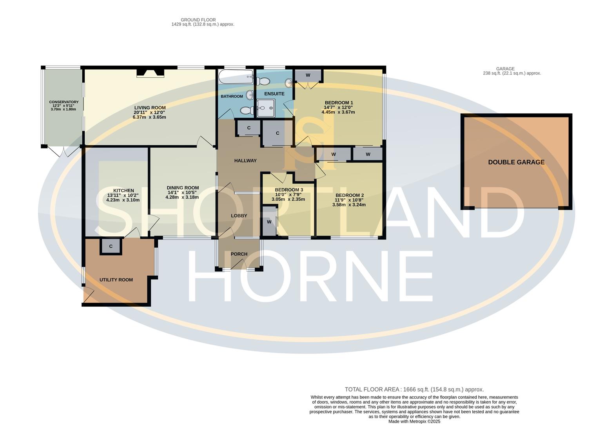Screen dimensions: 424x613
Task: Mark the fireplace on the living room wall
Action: click(x=150, y=73)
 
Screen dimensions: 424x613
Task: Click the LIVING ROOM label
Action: click(x=150, y=108)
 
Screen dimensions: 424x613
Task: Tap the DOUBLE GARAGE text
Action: click(x=516, y=162)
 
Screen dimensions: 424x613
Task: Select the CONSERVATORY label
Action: click(x=64, y=102)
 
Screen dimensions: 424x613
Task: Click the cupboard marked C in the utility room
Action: click(x=111, y=247)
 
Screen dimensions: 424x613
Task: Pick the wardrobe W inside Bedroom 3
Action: click(x=269, y=222)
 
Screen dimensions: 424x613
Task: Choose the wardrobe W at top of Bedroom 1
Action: click(x=308, y=75)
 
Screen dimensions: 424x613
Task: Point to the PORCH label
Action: click(x=239, y=254)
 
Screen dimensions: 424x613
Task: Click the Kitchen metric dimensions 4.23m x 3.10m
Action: click(x=123, y=200)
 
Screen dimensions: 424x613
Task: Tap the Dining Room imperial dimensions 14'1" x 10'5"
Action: click(x=182, y=192)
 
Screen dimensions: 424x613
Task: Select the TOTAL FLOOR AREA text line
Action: click(x=414, y=389)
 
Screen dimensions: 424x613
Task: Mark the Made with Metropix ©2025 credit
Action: click(x=414, y=421)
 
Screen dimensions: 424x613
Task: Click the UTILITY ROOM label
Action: click(x=116, y=280)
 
